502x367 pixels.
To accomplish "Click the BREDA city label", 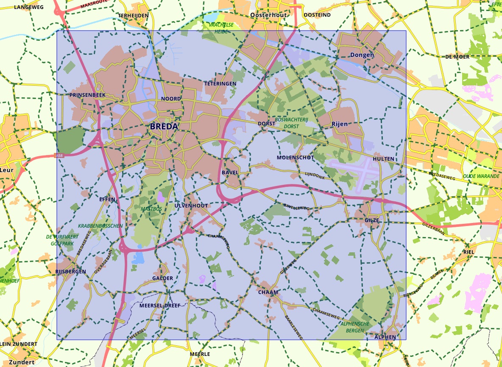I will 164,127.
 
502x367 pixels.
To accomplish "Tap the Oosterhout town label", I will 269,15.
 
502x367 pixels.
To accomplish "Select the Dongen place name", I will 362,55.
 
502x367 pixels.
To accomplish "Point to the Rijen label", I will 339,124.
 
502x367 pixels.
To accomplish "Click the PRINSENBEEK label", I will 87,95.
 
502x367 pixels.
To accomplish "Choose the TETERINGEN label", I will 220,84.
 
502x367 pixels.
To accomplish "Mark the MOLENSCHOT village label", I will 295,158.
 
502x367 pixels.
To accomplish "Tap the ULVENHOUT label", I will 191,206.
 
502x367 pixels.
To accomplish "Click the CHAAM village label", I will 268,292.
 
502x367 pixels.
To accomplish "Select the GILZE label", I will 371,220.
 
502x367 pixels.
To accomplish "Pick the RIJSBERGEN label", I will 70,271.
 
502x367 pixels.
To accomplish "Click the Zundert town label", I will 22,362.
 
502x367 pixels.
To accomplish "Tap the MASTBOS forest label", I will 151,209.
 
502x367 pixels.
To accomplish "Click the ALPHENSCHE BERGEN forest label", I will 355,327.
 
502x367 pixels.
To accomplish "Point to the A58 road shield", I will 60,156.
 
